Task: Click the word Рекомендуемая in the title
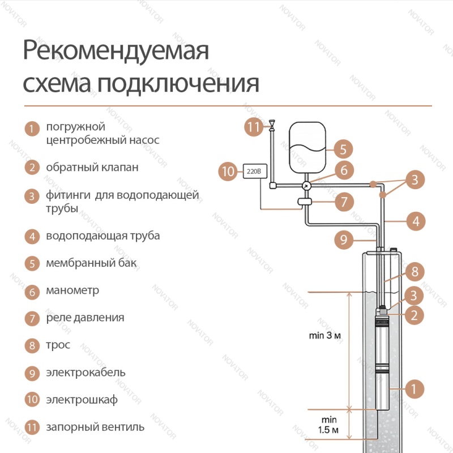(116, 50)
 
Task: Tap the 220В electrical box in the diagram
(255, 172)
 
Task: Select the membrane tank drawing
(307, 148)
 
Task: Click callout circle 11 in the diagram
(254, 127)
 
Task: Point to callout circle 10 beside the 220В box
(228, 172)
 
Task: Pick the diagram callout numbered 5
(343, 149)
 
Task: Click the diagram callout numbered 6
(344, 170)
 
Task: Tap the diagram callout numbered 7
(344, 202)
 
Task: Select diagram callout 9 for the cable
(344, 240)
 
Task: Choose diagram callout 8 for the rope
(415, 272)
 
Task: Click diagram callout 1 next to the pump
(414, 389)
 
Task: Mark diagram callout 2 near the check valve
(414, 315)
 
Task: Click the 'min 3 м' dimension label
(324, 335)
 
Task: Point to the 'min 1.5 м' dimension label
(328, 425)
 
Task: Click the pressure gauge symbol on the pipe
(306, 186)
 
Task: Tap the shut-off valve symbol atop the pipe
(272, 125)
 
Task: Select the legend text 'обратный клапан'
(92, 168)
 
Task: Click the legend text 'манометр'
(72, 290)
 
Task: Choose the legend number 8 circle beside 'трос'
(32, 345)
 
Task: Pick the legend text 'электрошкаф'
(82, 400)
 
